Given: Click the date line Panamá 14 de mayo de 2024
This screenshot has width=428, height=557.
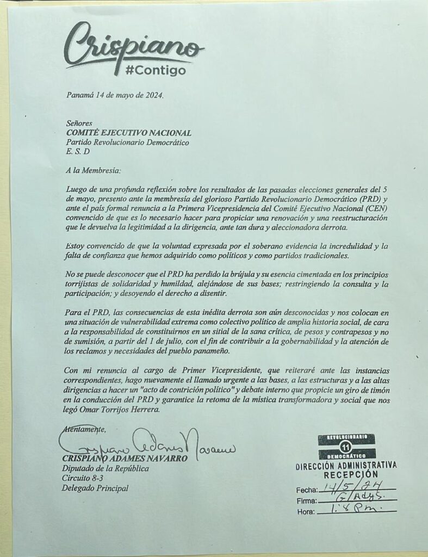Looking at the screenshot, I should pyautogui.click(x=114, y=95).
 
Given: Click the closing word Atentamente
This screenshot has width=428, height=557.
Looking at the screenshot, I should pyautogui.click(x=82, y=430).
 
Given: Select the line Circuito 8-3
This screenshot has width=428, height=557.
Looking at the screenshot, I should pyautogui.click(x=82, y=478).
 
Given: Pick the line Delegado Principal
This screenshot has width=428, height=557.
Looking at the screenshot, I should pyautogui.click(x=96, y=488).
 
